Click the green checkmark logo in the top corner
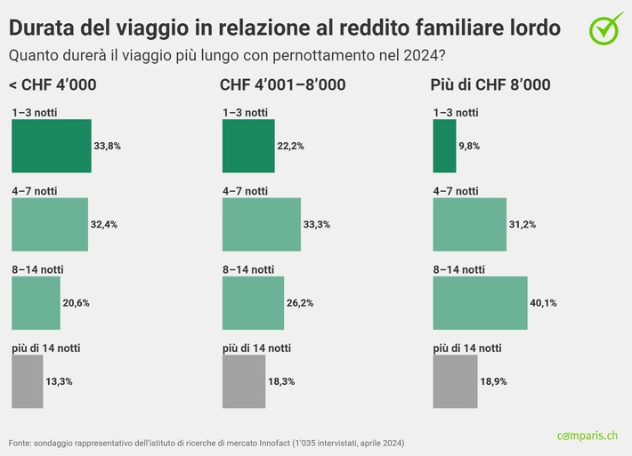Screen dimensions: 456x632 point(606,28)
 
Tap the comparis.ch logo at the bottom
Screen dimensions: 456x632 point(587,436)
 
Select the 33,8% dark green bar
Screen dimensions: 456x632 point(51,146)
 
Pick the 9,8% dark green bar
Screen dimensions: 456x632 point(443,146)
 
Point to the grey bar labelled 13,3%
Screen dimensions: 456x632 point(27,381)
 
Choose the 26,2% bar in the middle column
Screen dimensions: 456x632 point(253,302)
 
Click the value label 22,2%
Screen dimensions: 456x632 point(290,146)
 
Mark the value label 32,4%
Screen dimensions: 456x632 point(103,224)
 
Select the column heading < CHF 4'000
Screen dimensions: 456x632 point(53,85)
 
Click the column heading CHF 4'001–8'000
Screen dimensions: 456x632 point(283,85)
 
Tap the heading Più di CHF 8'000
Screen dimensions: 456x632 point(490,85)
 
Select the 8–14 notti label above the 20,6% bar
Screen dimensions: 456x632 point(37,269)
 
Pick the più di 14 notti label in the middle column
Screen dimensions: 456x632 point(256,348)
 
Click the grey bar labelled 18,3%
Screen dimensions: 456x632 point(243,381)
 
